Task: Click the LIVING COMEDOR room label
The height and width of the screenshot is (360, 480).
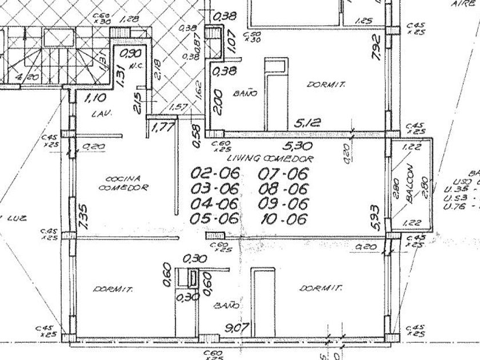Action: coord(271,158)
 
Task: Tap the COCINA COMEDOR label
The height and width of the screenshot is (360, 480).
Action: coord(124,182)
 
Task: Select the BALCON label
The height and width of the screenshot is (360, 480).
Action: coord(409,184)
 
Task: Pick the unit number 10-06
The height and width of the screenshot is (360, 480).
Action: coord(283,219)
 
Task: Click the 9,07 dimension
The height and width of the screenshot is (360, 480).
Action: coord(236,328)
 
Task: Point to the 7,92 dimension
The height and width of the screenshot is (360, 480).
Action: coord(375,47)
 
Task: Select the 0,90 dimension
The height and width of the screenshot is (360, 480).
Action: coord(132,54)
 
